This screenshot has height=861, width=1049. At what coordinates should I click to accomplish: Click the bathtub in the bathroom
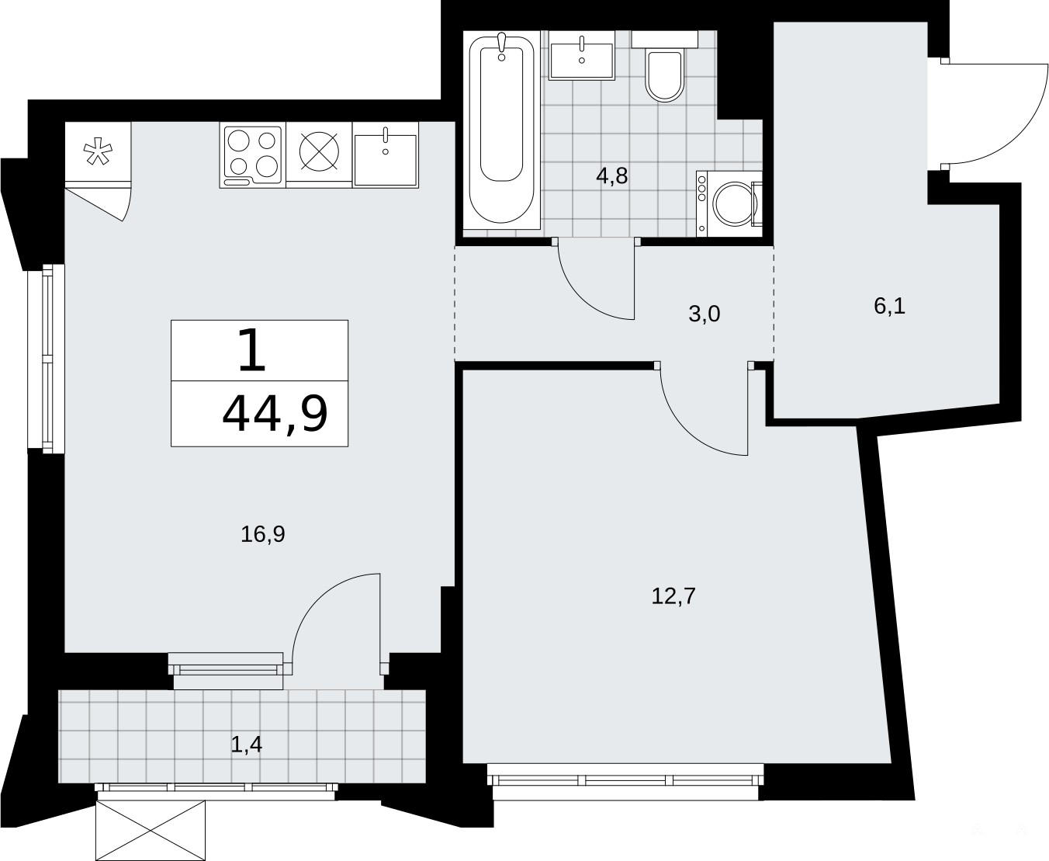501,130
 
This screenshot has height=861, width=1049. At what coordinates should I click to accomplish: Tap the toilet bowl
664,75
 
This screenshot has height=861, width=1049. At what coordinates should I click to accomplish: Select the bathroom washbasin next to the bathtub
582,55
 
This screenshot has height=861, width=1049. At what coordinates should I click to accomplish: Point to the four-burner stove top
253,154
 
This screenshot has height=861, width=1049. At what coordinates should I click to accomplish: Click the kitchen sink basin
386,159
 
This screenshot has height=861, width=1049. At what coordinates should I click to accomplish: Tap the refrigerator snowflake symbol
98,153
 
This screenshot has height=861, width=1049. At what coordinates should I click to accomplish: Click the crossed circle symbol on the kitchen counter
320,152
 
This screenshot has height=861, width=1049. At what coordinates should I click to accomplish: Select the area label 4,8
612,177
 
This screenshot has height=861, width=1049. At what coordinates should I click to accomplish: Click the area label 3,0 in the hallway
705,314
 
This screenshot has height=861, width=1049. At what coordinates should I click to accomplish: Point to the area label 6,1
889,307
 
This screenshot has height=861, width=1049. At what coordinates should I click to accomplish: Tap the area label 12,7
673,595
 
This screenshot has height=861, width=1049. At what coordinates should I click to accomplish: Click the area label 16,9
262,534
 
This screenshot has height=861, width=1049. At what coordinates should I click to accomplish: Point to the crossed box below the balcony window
151,830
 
